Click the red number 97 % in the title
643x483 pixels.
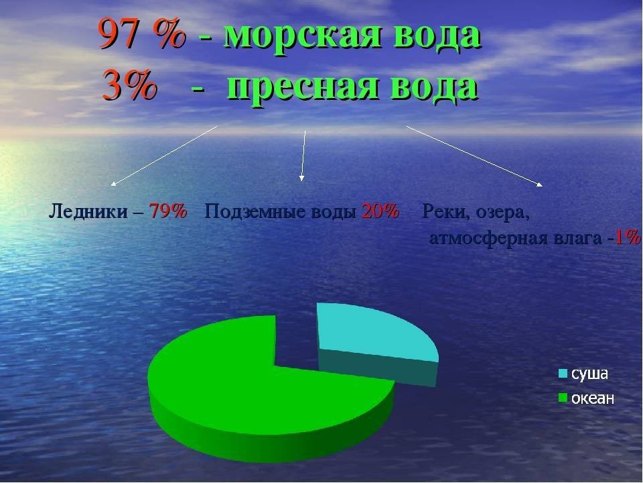[x=142, y=34]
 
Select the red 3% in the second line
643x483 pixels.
[x=129, y=85]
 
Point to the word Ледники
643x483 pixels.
[x=88, y=212]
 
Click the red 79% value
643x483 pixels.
[x=168, y=211]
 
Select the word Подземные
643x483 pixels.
[x=255, y=212]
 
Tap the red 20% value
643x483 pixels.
[x=380, y=211]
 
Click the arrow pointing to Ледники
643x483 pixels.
[x=165, y=156]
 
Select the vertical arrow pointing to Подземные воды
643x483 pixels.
[x=303, y=156]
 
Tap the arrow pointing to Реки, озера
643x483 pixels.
[x=475, y=156]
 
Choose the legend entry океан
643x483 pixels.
[x=587, y=398]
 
